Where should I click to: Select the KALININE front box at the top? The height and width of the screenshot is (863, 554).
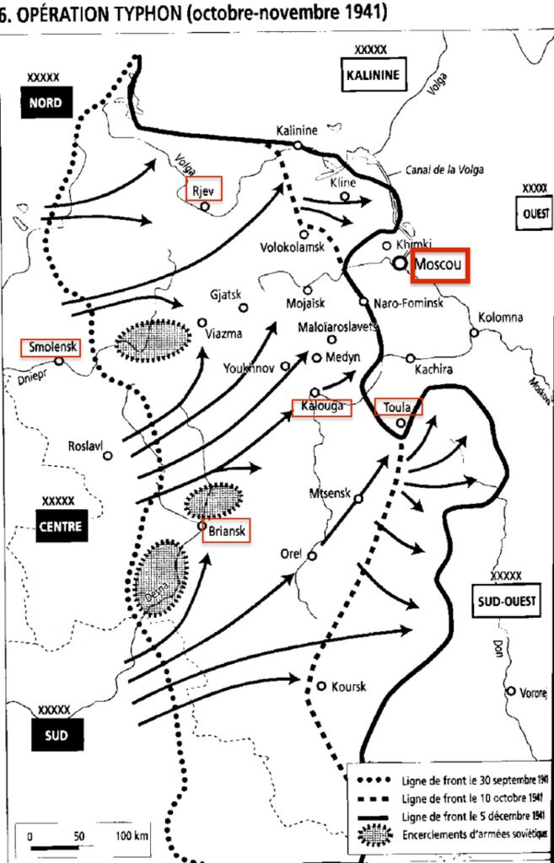(x=371, y=74)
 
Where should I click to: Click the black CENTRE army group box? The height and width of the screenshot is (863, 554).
(x=60, y=528)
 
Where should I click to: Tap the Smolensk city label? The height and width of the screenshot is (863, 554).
(x=51, y=347)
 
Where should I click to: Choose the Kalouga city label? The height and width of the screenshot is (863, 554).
(x=320, y=406)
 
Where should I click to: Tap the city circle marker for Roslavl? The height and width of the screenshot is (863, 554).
(x=108, y=456)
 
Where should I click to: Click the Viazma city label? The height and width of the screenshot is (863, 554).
(x=224, y=334)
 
